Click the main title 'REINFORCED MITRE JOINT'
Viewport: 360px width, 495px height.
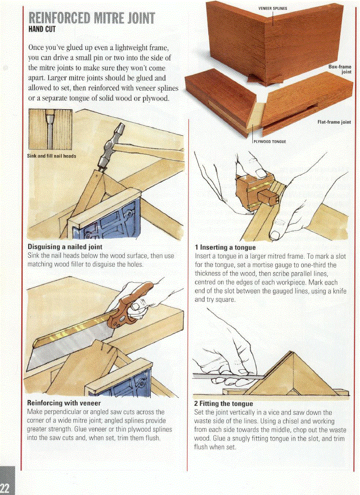point(92,19)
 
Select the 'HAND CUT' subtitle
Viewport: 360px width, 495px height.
point(42,30)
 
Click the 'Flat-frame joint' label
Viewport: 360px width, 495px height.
point(334,122)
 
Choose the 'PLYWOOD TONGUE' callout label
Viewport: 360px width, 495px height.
point(270,141)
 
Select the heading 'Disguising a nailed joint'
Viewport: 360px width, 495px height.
point(65,246)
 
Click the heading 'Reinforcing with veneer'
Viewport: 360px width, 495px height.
point(64,403)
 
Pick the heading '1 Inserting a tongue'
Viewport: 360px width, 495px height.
point(225,247)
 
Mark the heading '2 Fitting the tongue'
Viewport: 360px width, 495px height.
point(224,403)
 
